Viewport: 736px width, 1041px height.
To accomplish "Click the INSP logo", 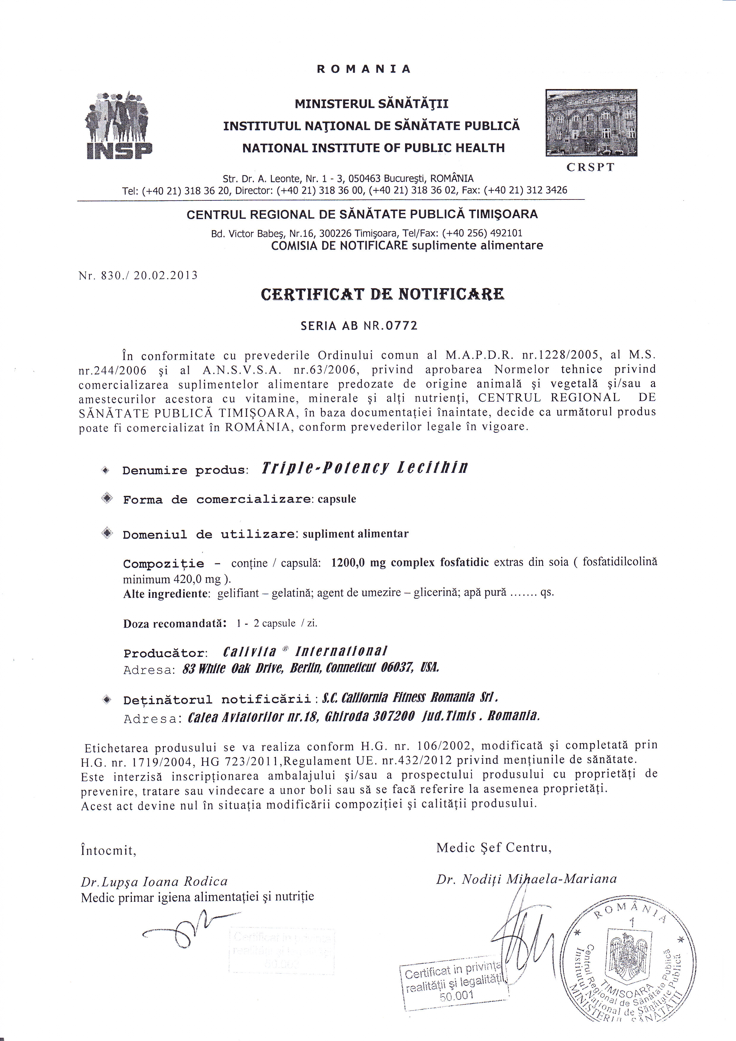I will click(119, 125).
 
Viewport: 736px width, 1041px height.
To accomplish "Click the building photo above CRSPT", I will click(591, 123).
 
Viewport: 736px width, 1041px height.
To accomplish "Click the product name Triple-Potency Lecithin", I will click(364, 468).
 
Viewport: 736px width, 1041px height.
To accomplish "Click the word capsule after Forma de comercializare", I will click(337, 499).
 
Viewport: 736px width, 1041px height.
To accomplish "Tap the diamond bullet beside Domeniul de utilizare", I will click(107, 533).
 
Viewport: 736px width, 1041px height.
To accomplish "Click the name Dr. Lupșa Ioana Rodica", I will click(154, 881).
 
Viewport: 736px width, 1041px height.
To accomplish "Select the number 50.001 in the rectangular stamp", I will click(456, 996).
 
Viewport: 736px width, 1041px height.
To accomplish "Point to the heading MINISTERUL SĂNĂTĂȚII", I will click(371, 104).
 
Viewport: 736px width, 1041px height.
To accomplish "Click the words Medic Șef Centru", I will click(494, 848).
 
